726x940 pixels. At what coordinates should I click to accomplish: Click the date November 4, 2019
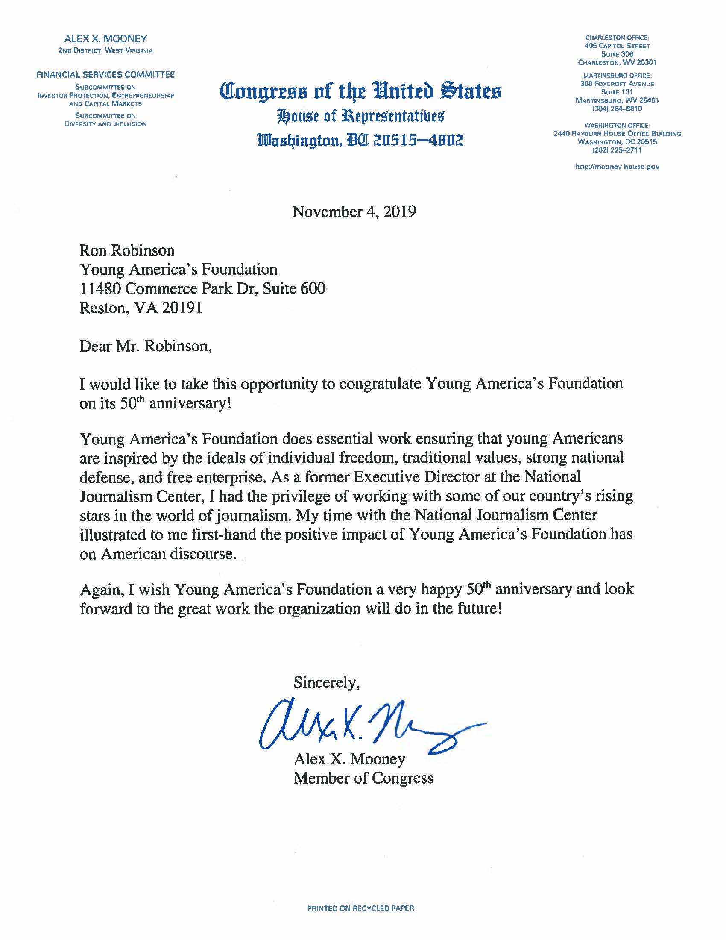pos(354,212)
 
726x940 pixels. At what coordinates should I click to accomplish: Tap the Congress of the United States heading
pos(360,91)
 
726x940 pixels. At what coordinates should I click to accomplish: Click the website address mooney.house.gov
pos(617,167)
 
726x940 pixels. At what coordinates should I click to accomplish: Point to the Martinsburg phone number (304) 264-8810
pos(617,109)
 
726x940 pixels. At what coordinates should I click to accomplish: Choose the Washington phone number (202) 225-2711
pos(617,150)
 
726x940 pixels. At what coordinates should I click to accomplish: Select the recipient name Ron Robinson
pos(127,250)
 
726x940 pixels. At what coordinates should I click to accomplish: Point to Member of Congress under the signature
pos(363,778)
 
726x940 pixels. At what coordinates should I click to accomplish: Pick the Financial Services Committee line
pos(105,75)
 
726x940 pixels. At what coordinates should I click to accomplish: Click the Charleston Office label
pos(617,38)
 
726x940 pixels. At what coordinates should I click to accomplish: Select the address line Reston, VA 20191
pos(141,308)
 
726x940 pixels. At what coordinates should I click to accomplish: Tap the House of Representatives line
pos(361,116)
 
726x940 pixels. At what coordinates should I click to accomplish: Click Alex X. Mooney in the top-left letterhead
pos(105,39)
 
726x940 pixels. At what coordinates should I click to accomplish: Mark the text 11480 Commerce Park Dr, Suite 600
pos(202,288)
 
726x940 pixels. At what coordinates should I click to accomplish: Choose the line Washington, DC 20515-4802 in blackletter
pos(360,140)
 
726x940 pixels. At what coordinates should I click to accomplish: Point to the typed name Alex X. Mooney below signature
pos(349,759)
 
